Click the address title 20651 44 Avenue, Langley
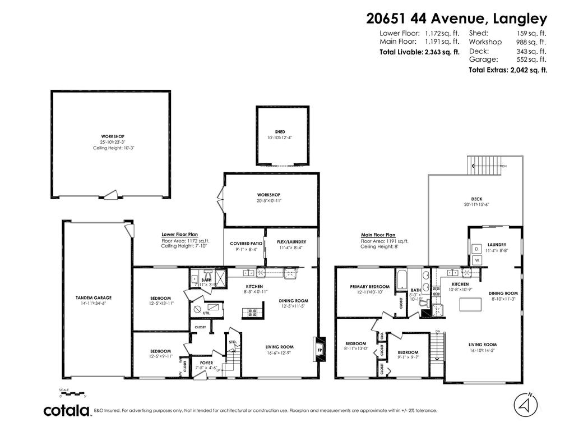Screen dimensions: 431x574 point(456,19)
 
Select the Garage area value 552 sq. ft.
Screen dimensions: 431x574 point(531,59)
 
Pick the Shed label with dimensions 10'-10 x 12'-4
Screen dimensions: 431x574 point(283,135)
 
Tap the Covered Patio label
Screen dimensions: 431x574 point(244,244)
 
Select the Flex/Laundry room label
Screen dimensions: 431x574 point(291,241)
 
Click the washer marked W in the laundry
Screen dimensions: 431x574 point(477,260)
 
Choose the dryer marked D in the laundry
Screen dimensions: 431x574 point(477,249)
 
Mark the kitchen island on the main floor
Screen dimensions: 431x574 point(470,304)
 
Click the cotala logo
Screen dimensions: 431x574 point(67,410)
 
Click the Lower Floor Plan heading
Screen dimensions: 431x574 point(179,235)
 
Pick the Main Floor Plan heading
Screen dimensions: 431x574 point(378,235)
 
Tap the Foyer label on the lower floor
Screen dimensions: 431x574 point(206,363)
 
